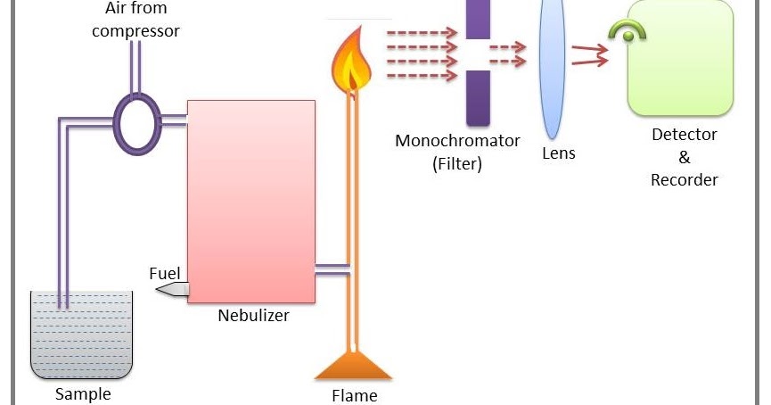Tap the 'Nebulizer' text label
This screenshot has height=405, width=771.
pyautogui.click(x=253, y=315)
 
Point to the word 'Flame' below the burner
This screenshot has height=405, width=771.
pyautogui.click(x=354, y=395)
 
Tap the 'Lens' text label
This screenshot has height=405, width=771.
pyautogui.click(x=559, y=153)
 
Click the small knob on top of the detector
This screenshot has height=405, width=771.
pyautogui.click(x=628, y=35)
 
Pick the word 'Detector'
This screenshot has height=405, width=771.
pyautogui.click(x=684, y=136)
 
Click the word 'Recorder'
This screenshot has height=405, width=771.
pyautogui.click(x=684, y=179)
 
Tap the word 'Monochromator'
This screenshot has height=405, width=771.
pyautogui.click(x=457, y=141)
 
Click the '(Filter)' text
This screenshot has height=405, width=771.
pyautogui.click(x=456, y=163)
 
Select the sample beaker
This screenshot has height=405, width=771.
pyautogui.click(x=81, y=335)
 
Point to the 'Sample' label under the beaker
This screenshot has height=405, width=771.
pyautogui.click(x=82, y=393)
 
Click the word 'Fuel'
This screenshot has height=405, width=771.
pyautogui.click(x=164, y=273)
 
